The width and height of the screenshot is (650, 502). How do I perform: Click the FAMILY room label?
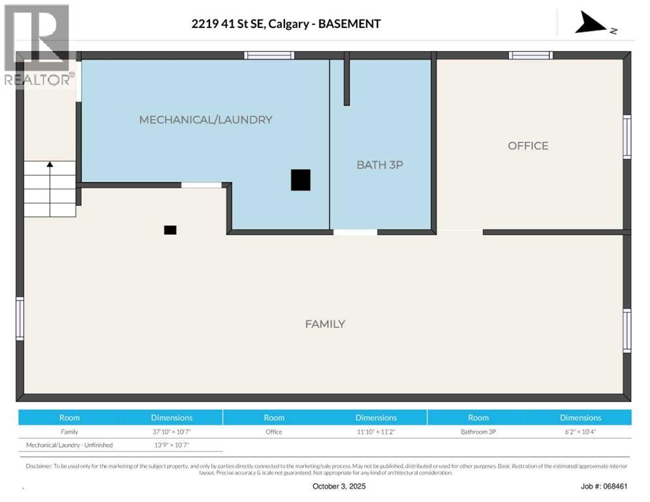point(325,324)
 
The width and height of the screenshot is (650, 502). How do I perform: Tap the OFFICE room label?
point(528,146)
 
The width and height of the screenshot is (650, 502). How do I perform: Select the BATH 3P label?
point(379,165)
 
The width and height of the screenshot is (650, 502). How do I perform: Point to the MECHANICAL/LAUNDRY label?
point(205,120)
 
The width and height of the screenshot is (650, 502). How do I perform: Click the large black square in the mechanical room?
point(300,180)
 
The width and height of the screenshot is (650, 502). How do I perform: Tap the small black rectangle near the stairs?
point(170,229)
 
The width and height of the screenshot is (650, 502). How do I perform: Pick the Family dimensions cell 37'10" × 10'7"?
point(171,432)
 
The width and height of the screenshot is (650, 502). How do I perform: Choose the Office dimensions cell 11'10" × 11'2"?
point(376,432)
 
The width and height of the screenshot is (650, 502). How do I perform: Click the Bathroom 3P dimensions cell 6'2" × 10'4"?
point(580,432)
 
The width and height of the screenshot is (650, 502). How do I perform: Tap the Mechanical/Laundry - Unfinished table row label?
point(69,445)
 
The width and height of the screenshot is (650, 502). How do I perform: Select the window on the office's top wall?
point(530,56)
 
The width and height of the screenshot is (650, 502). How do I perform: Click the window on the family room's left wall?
point(20,318)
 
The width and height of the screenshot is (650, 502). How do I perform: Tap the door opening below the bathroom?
point(355,232)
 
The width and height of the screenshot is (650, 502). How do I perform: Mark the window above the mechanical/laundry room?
point(269,56)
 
